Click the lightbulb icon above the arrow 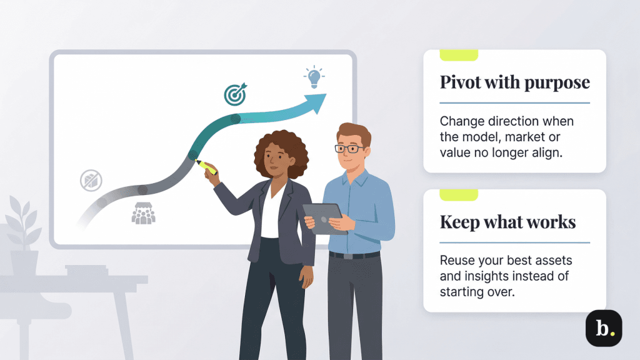click(x=314, y=79)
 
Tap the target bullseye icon click(x=235, y=94)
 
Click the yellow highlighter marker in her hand click(x=207, y=167)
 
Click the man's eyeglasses click(x=349, y=149)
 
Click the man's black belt click(x=354, y=255)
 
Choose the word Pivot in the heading click(x=461, y=82)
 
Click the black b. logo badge click(x=603, y=328)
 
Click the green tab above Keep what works click(x=458, y=195)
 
